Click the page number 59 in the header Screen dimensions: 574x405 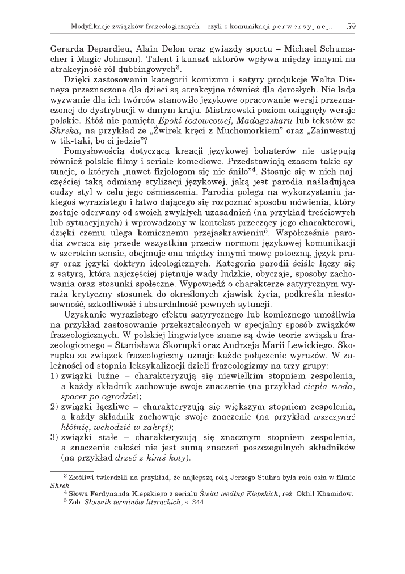[351, 26]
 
